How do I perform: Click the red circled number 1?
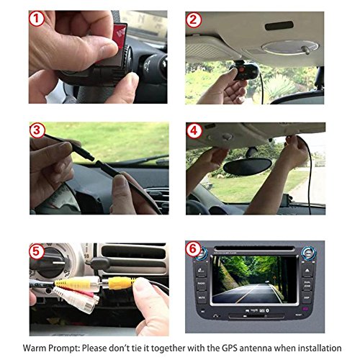click(x=37, y=19)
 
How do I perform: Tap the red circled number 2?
click(x=194, y=20)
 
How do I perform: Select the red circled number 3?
click(x=37, y=130)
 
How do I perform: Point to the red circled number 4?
click(x=194, y=131)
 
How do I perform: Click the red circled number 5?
click(x=37, y=252)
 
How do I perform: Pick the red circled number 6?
click(x=193, y=249)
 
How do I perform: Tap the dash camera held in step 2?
click(x=243, y=71)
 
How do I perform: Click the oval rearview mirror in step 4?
click(x=248, y=166)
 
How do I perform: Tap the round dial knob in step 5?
click(x=50, y=263)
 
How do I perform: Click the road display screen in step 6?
click(x=255, y=279)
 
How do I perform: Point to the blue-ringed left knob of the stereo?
click(x=201, y=253)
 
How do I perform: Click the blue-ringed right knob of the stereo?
click(x=309, y=253)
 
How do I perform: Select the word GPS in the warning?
click(x=230, y=348)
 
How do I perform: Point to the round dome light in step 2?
click(x=290, y=47)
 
